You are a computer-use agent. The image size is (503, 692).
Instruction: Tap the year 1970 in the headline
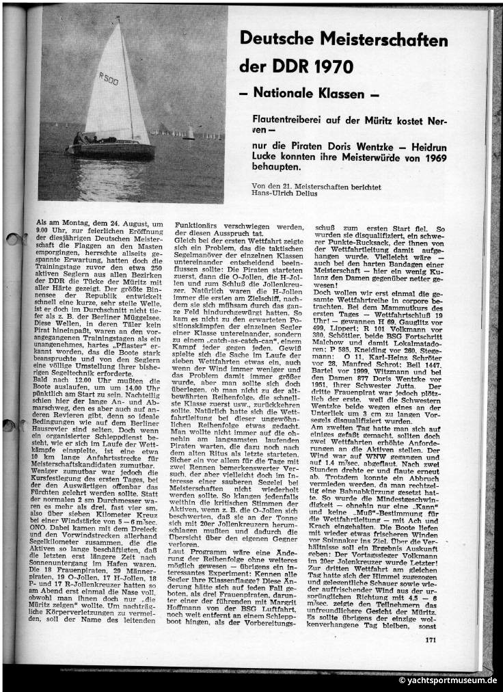[x=331, y=67]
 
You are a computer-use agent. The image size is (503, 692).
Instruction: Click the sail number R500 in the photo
[x=109, y=79]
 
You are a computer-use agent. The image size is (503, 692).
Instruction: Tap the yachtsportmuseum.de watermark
[x=447, y=680]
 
